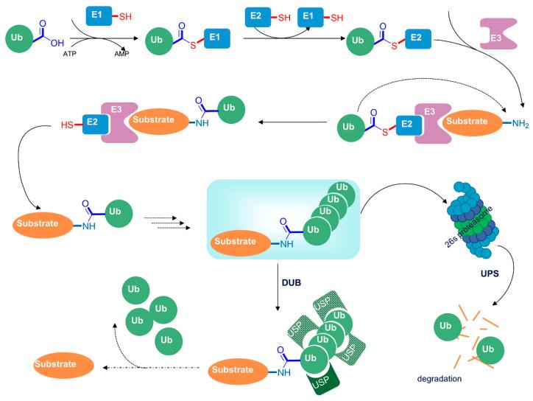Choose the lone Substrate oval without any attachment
click(x=63, y=364)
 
